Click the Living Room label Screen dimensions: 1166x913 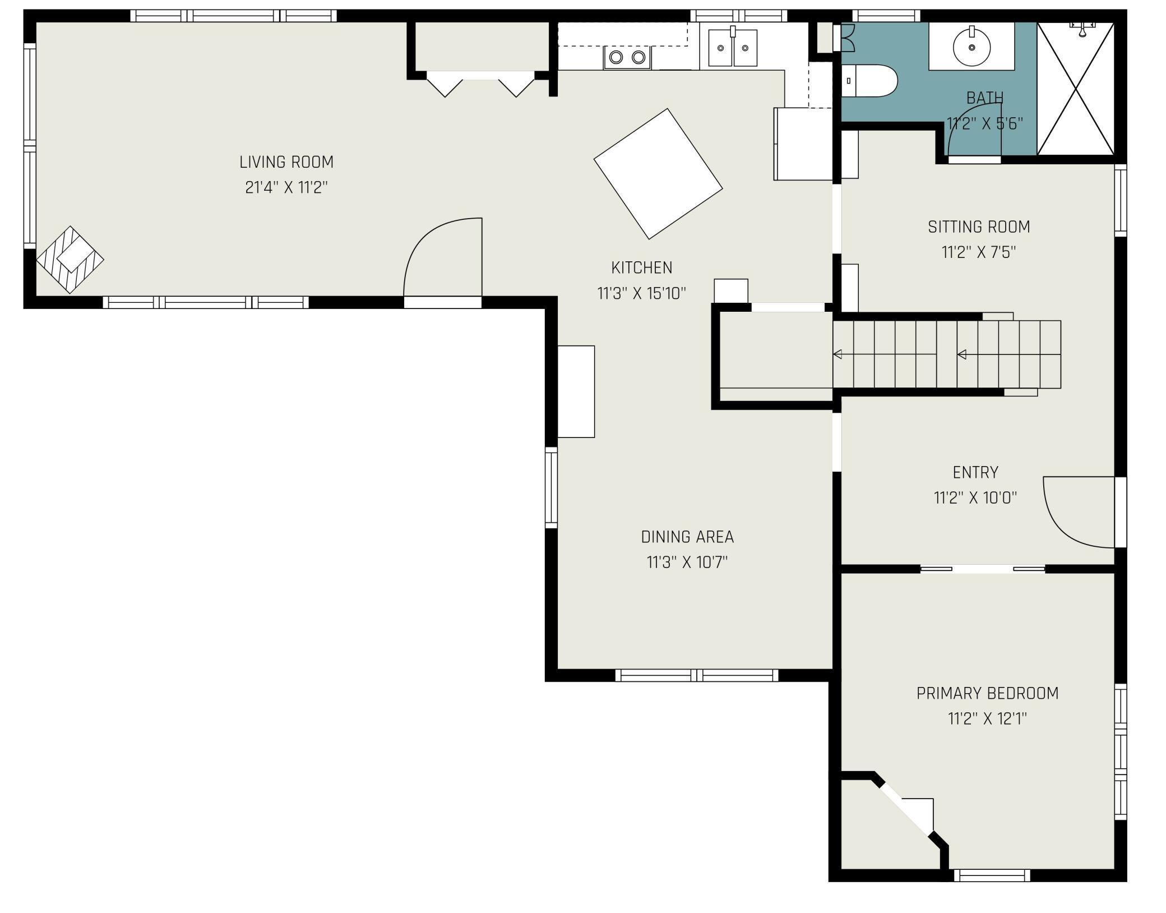click(286, 162)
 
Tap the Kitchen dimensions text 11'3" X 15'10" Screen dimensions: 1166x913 click(642, 293)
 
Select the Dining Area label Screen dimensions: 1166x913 click(687, 537)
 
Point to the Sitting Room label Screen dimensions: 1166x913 click(979, 227)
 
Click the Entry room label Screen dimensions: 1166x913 click(975, 473)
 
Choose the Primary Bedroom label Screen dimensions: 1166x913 click(987, 694)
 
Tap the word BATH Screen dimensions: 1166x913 click(985, 98)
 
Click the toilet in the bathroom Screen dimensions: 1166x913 click(868, 81)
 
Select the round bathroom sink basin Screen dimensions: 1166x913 click(971, 46)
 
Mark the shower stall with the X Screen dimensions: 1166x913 click(1075, 89)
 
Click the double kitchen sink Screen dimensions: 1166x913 click(733, 48)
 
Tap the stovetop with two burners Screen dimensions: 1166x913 click(627, 57)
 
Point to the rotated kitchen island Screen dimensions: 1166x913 click(658, 174)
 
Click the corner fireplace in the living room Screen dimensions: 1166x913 click(70, 260)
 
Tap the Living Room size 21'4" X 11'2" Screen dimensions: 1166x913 click(286, 187)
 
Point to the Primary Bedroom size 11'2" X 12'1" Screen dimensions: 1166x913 click(987, 719)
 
